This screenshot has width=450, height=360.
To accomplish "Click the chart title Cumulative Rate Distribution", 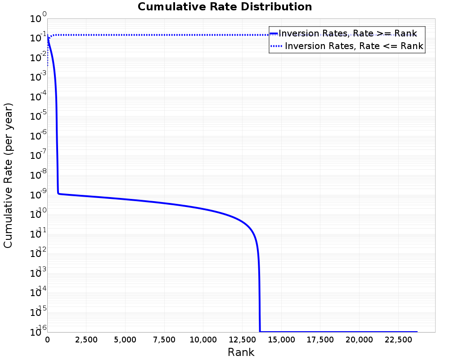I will point(225,7).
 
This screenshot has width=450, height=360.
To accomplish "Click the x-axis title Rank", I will point(241,352).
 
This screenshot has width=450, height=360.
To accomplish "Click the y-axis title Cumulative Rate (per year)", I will point(9,175).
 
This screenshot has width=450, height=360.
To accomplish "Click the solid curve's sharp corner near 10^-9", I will point(58,193).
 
